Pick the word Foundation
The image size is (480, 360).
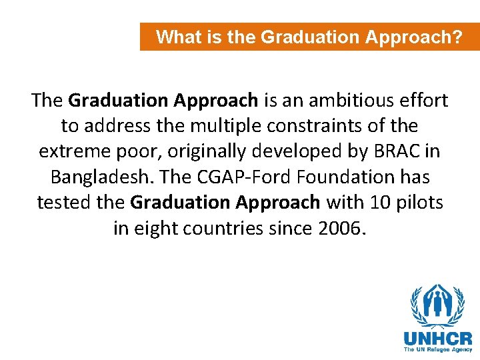(341, 177)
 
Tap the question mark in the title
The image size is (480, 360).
(457, 37)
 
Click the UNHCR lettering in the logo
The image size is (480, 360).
(437, 338)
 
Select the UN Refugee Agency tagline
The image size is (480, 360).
(437, 349)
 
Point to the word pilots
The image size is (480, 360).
(419, 202)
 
